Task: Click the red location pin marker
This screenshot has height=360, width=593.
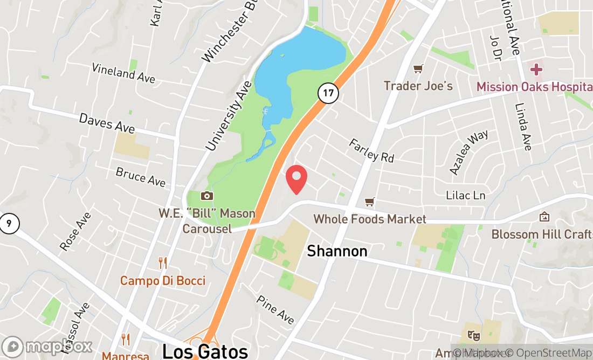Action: coord(296,179)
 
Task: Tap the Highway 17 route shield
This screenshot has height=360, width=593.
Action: coord(328,93)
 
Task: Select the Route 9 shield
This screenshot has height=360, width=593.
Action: coord(8,223)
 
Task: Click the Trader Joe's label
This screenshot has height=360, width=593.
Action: coord(418,86)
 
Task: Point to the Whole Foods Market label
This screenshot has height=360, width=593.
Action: coord(370,219)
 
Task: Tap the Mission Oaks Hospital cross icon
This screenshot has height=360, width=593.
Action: coord(536,70)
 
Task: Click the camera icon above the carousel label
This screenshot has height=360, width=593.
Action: coord(206,196)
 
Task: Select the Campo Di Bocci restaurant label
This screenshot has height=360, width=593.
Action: coord(162,281)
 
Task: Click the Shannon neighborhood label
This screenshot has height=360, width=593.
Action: coord(337,251)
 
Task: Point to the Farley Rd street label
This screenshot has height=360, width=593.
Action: coord(371,150)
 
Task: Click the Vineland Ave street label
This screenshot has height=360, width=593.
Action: coord(123,73)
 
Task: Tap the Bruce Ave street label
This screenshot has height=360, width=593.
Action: coord(140,177)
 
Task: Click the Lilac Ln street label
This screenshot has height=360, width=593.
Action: coord(466,196)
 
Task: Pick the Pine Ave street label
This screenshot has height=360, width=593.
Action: coord(275,310)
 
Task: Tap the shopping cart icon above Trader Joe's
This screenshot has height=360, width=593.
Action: coord(417,69)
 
